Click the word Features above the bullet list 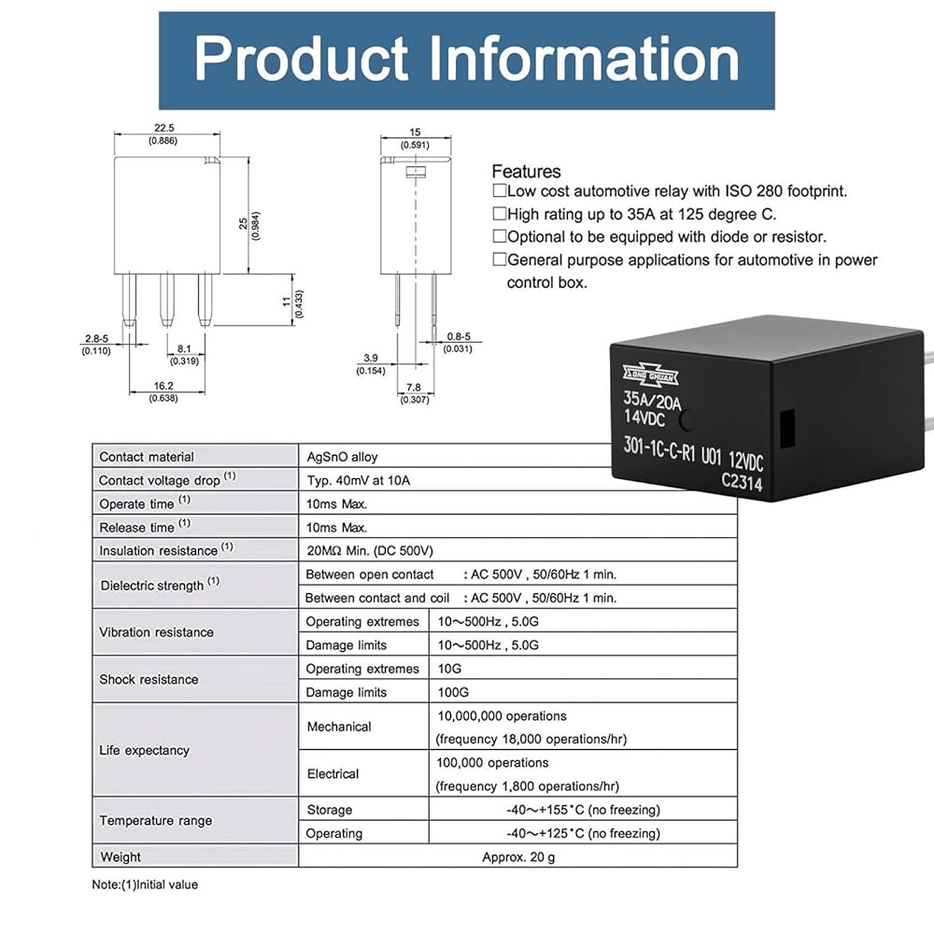pos(526,172)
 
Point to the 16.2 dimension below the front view pos(163,385)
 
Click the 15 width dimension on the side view pos(415,133)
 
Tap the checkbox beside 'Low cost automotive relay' pos(500,191)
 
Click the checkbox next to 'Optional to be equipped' pos(500,237)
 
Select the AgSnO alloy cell pos(342,457)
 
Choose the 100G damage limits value pos(452,692)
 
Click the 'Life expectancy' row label pos(144,750)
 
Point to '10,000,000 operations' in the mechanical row pos(502,716)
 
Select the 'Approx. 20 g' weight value pos(517,856)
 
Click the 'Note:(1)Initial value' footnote pos(145,884)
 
